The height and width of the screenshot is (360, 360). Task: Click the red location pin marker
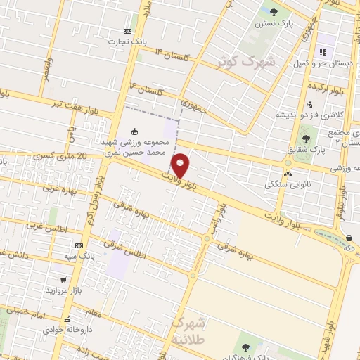point(181,166)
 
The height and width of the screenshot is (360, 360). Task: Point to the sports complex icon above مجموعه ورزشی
point(135,131)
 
